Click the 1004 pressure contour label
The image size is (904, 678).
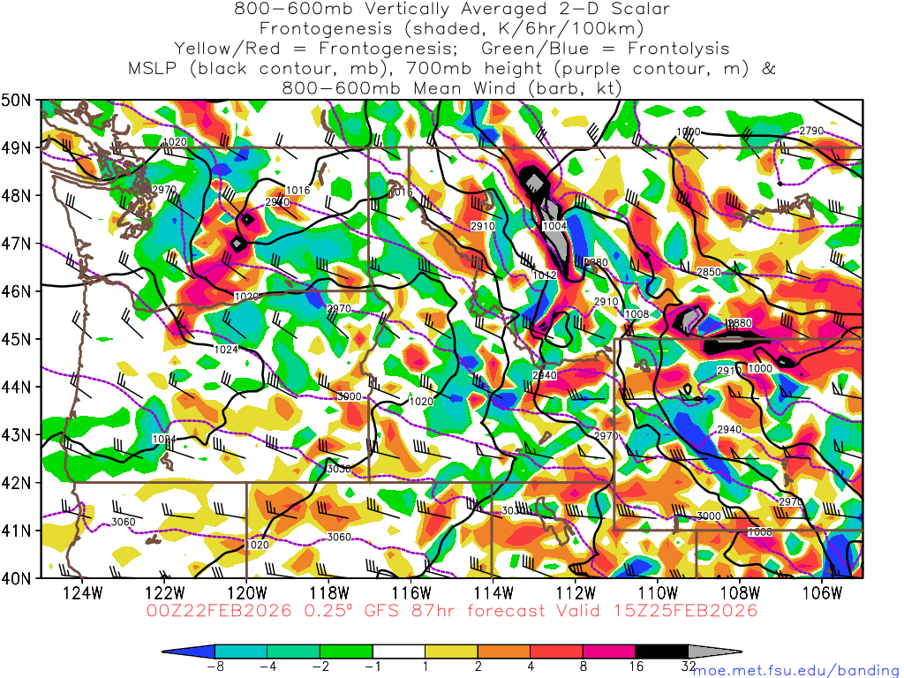(x=554, y=227)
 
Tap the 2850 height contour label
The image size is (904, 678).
(x=709, y=272)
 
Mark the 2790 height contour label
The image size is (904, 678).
(x=810, y=131)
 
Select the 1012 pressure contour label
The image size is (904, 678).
(x=545, y=275)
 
